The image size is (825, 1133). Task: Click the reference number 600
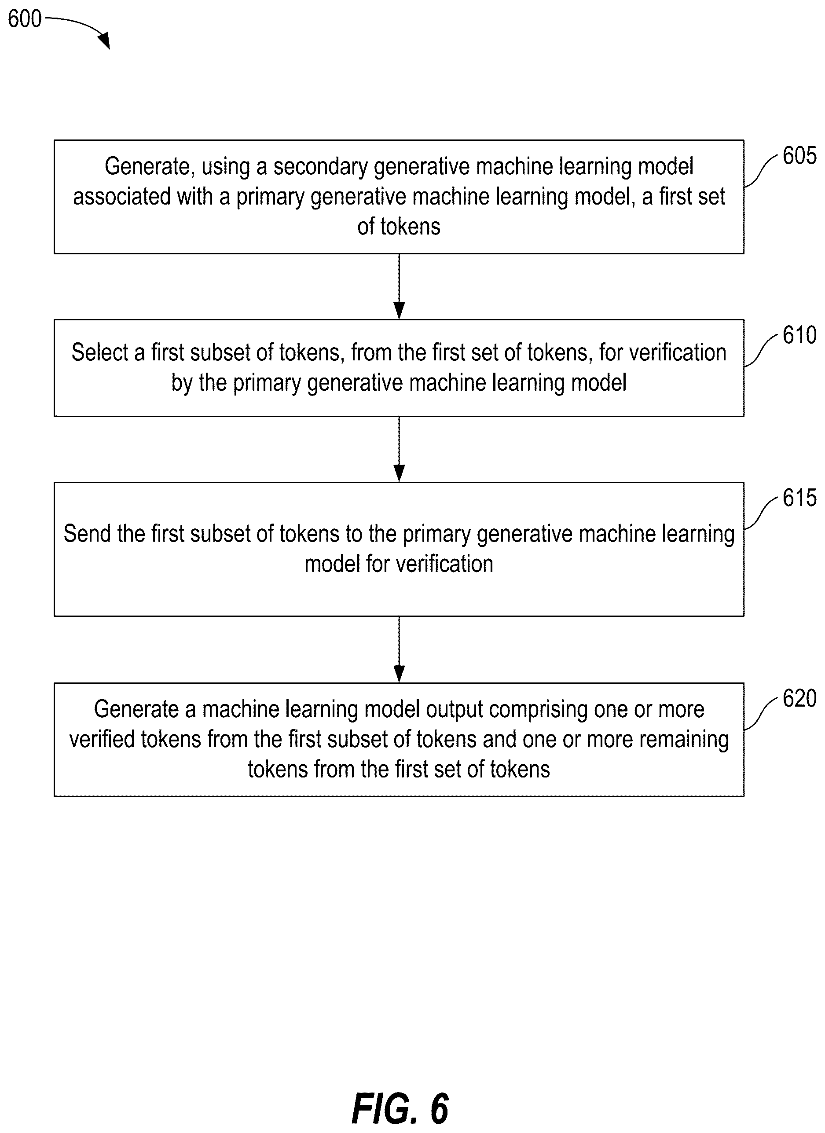[25, 19]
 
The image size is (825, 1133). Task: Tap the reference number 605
[799, 156]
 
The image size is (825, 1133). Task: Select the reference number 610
[799, 335]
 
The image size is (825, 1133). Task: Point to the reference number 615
[799, 498]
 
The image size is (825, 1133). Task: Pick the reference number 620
[799, 698]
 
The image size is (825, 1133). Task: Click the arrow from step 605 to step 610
[399, 286]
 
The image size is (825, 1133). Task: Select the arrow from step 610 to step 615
[399, 449]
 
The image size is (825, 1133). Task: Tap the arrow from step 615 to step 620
[399, 649]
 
